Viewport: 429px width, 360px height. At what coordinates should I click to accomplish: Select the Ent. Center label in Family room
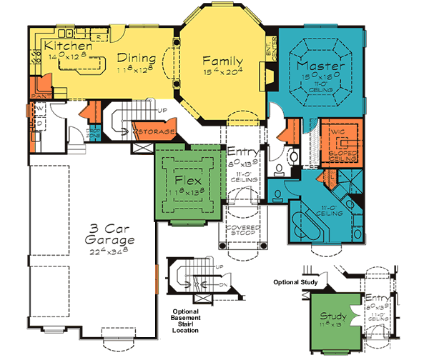270,46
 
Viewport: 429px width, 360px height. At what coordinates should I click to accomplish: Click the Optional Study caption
295,282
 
